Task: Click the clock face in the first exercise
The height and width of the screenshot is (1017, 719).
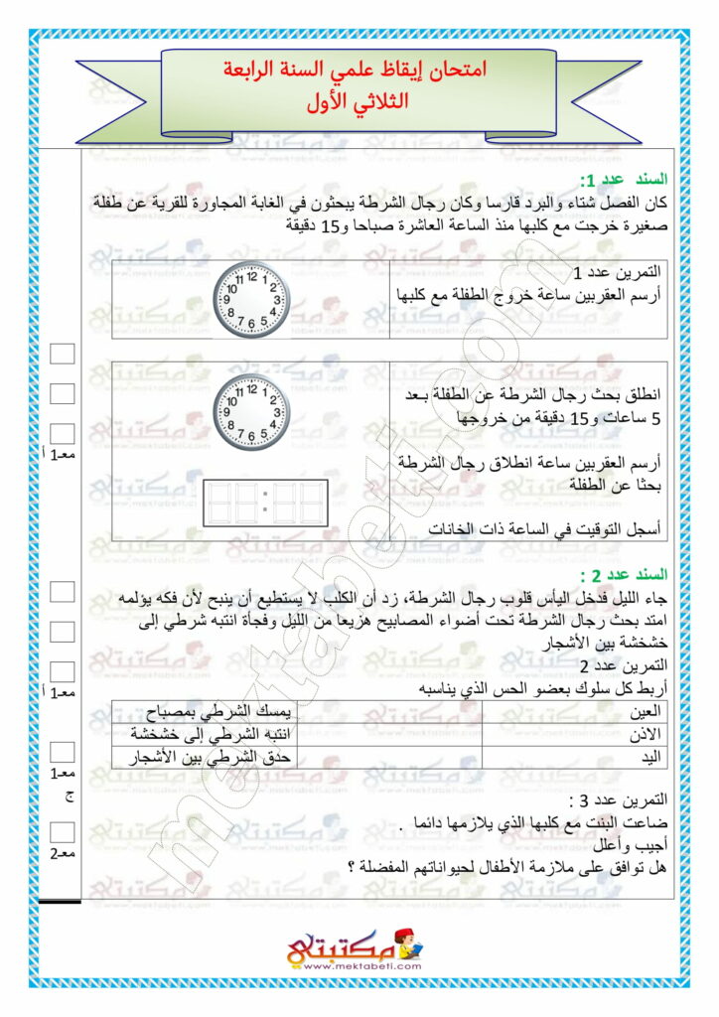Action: click(249, 299)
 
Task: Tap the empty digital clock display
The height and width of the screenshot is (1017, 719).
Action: click(265, 503)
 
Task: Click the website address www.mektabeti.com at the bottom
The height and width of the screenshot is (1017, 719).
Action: click(359, 964)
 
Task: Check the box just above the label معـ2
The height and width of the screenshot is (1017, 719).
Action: click(63, 831)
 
